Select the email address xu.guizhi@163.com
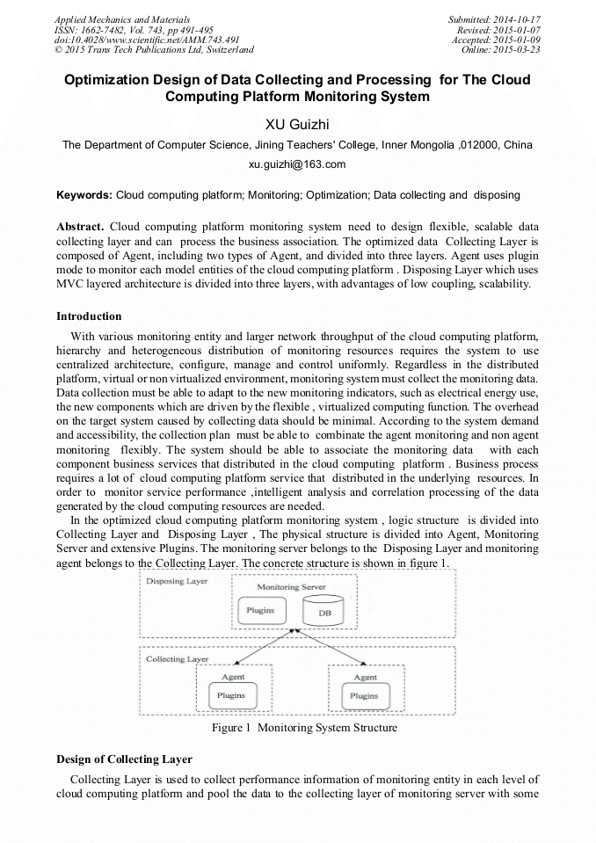[x=297, y=164]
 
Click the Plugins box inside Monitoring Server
[x=260, y=610]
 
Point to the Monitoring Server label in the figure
[x=290, y=586]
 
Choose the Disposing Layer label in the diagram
[x=177, y=582]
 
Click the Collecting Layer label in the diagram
[x=177, y=658]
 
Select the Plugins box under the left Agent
[x=232, y=695]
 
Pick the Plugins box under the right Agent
[x=364, y=695]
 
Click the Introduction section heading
[x=89, y=316]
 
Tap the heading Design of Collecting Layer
[x=124, y=759]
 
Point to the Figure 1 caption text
[x=304, y=728]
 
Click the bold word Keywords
[x=84, y=194]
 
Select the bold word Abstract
[x=80, y=225]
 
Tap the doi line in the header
[x=147, y=40]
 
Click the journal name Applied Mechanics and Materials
[x=122, y=18]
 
